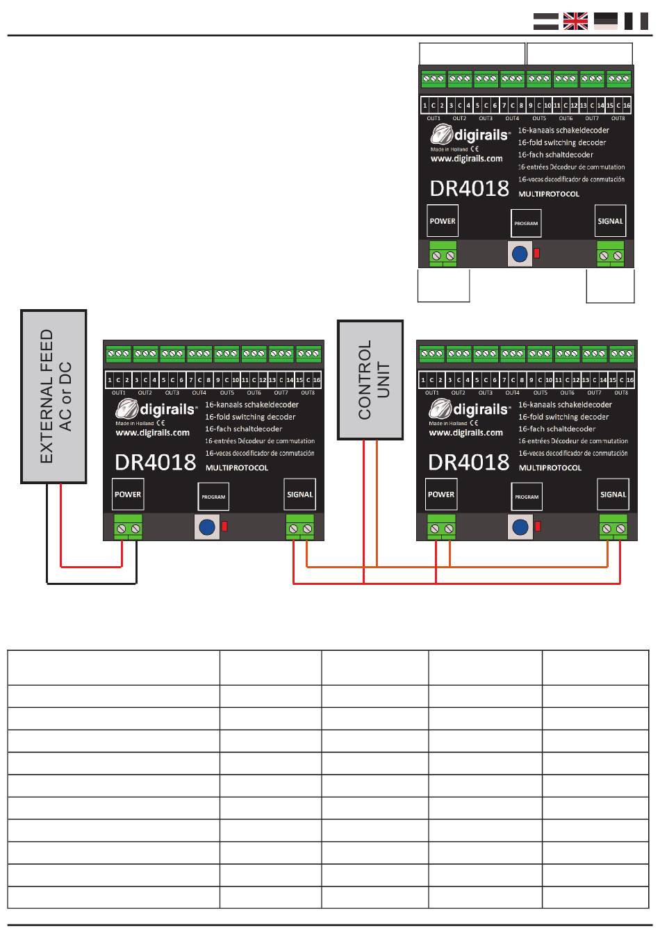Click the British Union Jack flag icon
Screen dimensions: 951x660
click(x=575, y=22)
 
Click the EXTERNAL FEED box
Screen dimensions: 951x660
click(x=54, y=396)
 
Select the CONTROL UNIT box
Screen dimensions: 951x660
click(x=370, y=379)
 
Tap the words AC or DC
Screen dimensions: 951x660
click(x=66, y=397)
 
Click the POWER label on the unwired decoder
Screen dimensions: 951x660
click(x=443, y=221)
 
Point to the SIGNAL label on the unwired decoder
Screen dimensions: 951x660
click(x=610, y=221)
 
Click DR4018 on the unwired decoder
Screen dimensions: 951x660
click(x=470, y=189)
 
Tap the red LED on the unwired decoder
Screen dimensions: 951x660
click(x=536, y=254)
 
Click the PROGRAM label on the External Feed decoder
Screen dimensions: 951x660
click(x=213, y=497)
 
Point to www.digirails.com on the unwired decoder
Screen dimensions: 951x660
click(x=466, y=159)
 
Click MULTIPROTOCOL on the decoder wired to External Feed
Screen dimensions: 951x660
click(x=237, y=468)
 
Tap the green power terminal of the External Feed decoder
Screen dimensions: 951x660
click(x=128, y=528)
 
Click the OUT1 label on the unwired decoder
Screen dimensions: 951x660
click(x=434, y=118)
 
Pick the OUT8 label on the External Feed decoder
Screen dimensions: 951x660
click(x=308, y=392)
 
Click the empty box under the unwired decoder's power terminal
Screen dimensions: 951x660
click(x=444, y=286)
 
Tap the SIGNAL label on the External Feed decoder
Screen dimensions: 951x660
click(x=300, y=495)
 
